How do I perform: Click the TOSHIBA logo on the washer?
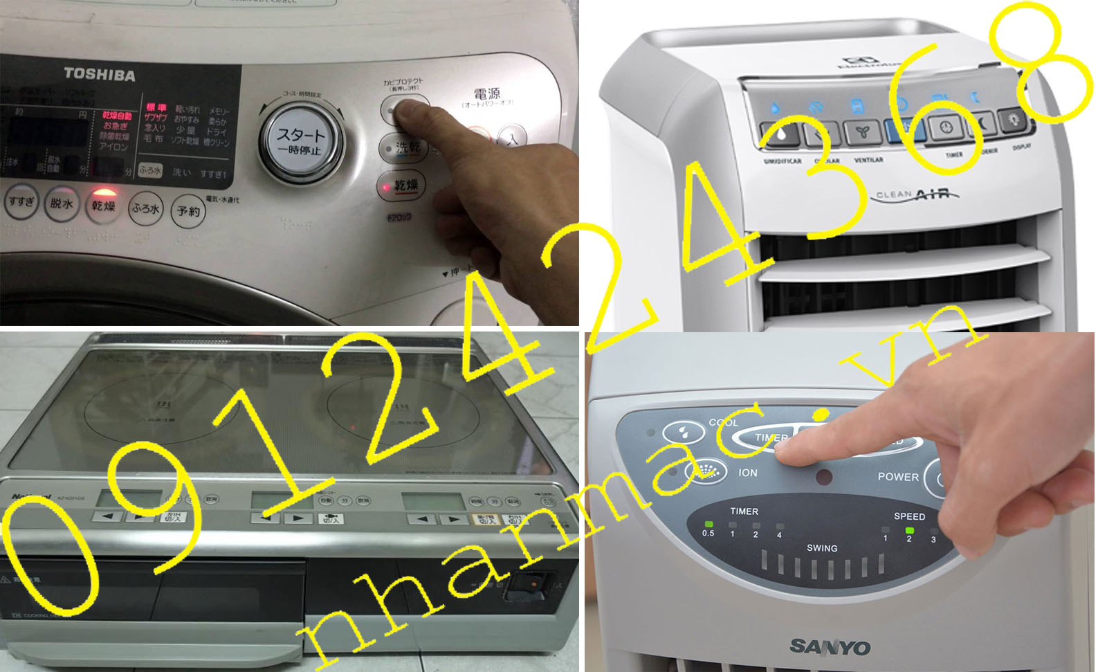click(100, 75)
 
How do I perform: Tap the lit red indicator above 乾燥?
click(103, 192)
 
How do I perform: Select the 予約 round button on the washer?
click(188, 211)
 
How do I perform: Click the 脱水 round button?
click(62, 204)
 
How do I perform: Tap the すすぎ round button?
click(21, 202)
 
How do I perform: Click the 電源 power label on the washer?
click(487, 95)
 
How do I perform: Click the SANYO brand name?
click(830, 647)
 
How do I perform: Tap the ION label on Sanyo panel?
click(748, 473)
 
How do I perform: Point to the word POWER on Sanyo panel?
click(898, 477)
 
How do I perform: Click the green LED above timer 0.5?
click(708, 524)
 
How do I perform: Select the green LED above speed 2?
click(909, 530)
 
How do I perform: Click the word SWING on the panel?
click(822, 548)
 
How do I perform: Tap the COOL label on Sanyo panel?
click(724, 422)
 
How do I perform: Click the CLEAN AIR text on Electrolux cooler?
click(917, 194)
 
